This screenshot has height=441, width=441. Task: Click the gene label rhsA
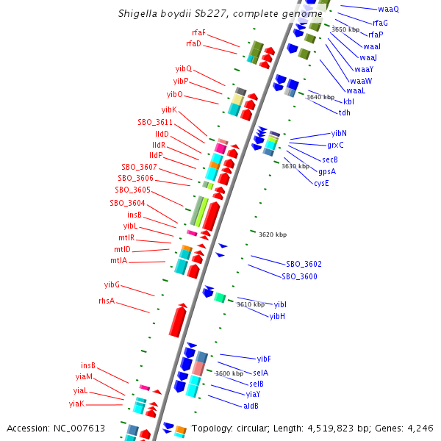coord(107,301)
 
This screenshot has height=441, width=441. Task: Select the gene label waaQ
coord(388,9)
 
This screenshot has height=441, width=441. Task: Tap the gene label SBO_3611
coord(155,122)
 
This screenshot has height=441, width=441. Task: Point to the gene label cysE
coord(321,182)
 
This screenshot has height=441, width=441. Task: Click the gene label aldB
coord(251,405)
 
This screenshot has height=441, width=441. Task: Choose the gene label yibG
coord(112,284)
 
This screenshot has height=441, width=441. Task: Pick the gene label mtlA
coord(118,260)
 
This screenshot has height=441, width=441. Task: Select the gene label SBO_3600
coord(299,276)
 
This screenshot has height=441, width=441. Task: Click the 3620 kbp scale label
coord(272,234)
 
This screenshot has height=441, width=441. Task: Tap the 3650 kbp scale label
coord(345,29)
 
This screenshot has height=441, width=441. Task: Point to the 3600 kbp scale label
coord(229,373)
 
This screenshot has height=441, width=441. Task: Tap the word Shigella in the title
coord(137,14)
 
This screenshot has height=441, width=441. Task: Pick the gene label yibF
coord(264,359)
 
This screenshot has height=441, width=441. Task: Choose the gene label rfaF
coord(198,32)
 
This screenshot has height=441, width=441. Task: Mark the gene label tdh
coord(344,112)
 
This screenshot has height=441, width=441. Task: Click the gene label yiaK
coord(77,404)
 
